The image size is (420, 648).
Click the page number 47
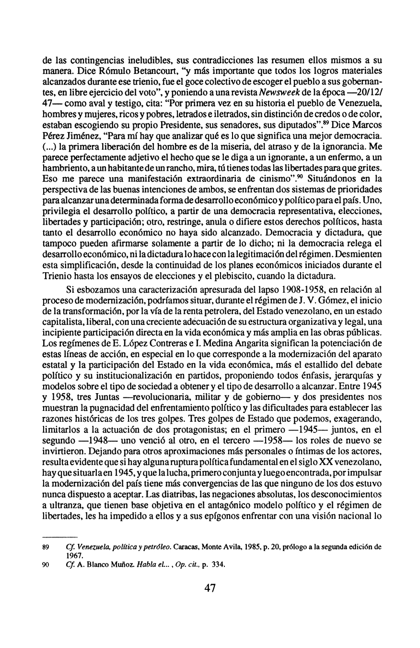[x=210, y=588]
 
